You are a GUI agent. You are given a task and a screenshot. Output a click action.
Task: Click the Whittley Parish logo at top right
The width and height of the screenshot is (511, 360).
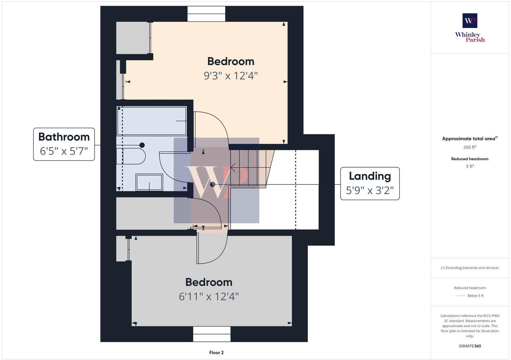click(x=470, y=28)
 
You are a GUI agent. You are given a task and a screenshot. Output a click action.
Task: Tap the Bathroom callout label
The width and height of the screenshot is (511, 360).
click(x=64, y=144)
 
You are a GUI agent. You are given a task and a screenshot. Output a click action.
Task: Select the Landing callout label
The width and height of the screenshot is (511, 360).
click(x=370, y=184)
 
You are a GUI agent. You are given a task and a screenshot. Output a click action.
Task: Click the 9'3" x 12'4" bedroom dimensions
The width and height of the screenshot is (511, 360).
click(x=231, y=76)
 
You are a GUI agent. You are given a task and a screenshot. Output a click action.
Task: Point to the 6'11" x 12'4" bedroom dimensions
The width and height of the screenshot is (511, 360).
click(x=209, y=297)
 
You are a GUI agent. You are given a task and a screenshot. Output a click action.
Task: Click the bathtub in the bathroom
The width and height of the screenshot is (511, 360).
click(x=152, y=121)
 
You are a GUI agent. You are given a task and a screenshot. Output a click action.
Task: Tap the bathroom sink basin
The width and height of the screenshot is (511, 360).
click(x=149, y=182)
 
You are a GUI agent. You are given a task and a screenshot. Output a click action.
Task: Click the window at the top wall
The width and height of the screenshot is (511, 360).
click(x=206, y=14)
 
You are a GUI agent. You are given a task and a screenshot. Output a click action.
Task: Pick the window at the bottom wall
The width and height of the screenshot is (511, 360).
click(x=212, y=334)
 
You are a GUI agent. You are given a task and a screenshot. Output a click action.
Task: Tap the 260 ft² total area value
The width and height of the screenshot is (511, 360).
click(x=470, y=147)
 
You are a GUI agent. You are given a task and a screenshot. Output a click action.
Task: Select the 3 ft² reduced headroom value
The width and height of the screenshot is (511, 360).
click(x=470, y=166)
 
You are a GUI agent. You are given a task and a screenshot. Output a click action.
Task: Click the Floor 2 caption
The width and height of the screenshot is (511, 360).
click(x=217, y=353)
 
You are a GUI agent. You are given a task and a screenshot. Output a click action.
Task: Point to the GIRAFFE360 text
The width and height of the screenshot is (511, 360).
click(x=470, y=346)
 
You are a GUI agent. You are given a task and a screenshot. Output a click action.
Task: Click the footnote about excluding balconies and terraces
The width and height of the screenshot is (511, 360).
click(x=470, y=268)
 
